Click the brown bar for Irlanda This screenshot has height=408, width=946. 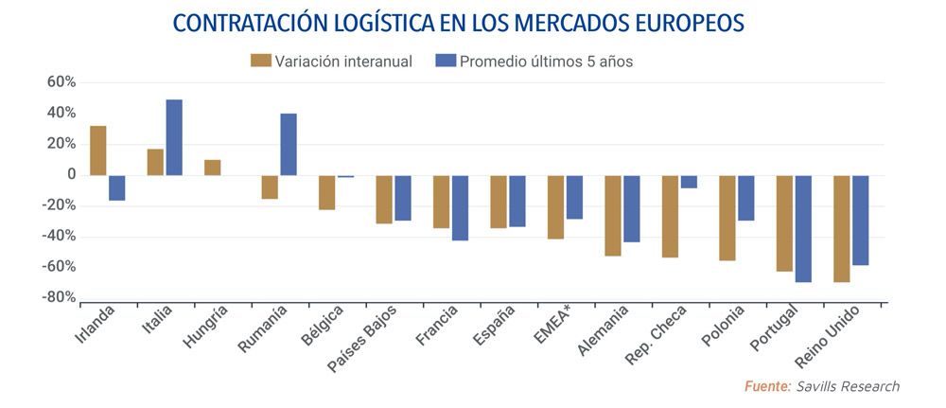point(97,151)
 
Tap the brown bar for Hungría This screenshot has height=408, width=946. point(212,168)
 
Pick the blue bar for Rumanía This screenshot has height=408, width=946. point(289,145)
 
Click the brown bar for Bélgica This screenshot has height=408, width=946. point(326,192)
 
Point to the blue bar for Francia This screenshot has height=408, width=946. point(460,207)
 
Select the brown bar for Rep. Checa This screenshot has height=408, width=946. point(670,216)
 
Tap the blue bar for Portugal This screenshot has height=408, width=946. point(803,228)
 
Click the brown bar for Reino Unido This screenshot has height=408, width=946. point(841,228)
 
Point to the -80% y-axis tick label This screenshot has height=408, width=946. point(58,297)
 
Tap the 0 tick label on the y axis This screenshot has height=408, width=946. point(69,175)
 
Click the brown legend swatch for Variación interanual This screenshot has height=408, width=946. point(260,62)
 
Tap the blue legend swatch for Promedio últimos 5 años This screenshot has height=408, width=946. point(445,62)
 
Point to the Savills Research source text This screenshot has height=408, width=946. point(848,386)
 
